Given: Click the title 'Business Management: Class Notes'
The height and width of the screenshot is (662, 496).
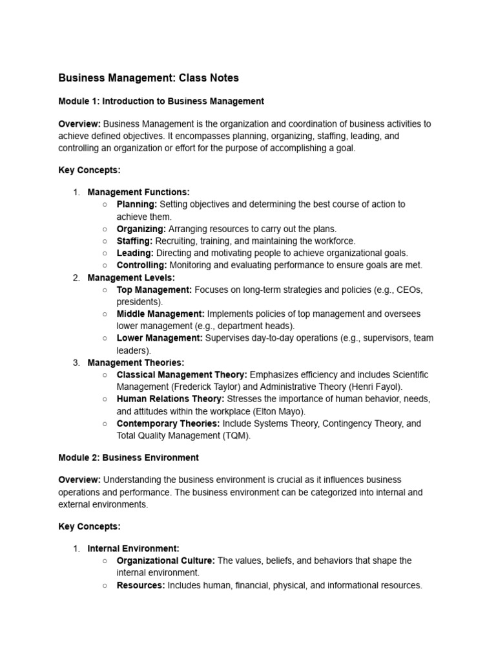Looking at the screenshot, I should [x=149, y=78].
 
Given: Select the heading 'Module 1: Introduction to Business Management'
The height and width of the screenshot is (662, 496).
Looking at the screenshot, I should [x=161, y=101].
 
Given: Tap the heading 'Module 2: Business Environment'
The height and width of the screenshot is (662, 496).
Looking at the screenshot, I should [x=129, y=458].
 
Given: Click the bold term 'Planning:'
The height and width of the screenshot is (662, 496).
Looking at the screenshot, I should [x=137, y=204].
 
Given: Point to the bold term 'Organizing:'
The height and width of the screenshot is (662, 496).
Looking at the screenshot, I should [x=141, y=229].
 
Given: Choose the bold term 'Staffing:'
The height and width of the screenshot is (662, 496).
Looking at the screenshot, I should [x=135, y=241].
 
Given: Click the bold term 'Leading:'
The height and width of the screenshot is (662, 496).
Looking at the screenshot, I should [x=135, y=253].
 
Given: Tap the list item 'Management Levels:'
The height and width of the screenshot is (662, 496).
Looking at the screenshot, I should [x=132, y=278].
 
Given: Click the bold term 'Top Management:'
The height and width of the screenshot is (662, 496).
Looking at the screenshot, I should [x=154, y=290].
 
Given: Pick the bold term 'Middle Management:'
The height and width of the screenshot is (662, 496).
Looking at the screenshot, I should [x=161, y=314].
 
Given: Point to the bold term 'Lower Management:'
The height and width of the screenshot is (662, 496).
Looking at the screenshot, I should [x=160, y=338].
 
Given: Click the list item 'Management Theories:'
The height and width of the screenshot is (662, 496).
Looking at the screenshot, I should [x=136, y=363].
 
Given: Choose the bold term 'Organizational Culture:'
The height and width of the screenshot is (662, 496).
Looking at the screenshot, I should [x=166, y=561].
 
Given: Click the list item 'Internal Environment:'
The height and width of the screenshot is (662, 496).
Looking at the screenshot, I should [x=133, y=549].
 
